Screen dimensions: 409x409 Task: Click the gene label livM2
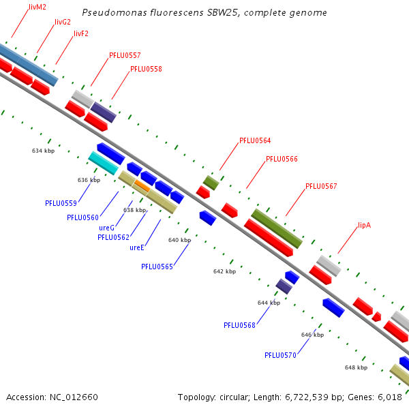click(x=37, y=7)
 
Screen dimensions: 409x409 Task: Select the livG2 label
click(x=63, y=22)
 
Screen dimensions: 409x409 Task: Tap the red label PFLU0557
click(x=125, y=55)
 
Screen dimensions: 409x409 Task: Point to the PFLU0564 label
click(x=255, y=140)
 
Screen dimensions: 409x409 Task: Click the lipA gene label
click(x=365, y=225)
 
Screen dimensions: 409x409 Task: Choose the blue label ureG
click(x=107, y=228)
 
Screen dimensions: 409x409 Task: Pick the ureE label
click(x=137, y=247)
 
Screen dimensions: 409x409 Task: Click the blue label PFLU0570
click(x=280, y=355)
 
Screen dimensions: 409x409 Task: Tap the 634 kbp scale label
click(x=44, y=151)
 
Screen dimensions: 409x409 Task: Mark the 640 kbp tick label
click(x=179, y=240)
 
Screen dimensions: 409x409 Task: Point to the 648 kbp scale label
click(x=356, y=367)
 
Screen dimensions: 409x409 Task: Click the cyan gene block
click(x=104, y=163)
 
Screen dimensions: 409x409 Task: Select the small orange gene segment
click(x=142, y=185)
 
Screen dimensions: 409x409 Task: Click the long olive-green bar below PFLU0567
click(x=277, y=228)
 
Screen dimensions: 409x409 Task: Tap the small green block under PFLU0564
click(x=211, y=183)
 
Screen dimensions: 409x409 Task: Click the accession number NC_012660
click(x=74, y=397)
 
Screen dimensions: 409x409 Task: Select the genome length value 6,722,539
click(x=307, y=397)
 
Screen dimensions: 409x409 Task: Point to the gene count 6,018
click(x=390, y=397)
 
